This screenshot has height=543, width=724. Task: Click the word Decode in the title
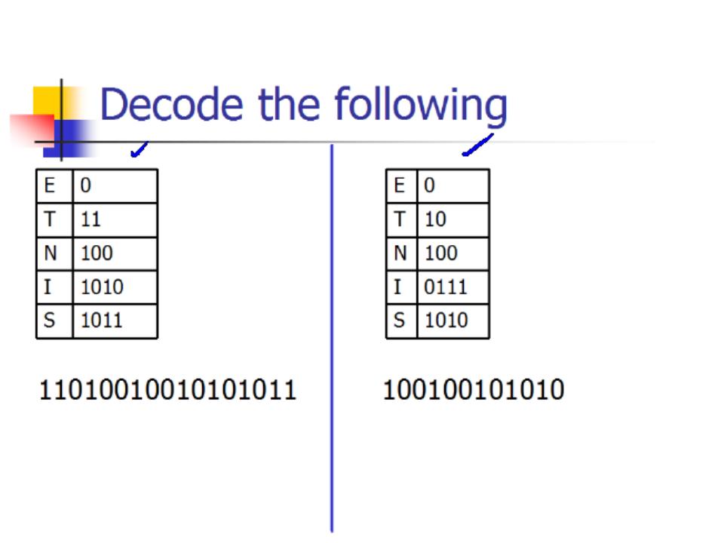coord(171,104)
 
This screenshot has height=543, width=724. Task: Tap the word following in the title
coord(421,106)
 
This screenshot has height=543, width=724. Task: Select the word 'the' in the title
coord(289,104)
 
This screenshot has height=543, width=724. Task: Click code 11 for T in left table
coord(90,219)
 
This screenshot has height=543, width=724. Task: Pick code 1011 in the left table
coord(102,320)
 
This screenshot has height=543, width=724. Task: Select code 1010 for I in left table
coord(102,287)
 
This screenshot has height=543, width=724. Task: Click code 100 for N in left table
coord(97,253)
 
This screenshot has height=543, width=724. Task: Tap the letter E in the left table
coord(50,186)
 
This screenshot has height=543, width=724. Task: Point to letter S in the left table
coord(49,320)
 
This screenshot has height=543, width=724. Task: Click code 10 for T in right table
coord(435,219)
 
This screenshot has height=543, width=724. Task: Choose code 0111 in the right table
coord(446,287)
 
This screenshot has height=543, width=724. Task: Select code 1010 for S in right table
coord(446,320)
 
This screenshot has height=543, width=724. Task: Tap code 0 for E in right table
coord(429,186)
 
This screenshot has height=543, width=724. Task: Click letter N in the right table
coord(400,253)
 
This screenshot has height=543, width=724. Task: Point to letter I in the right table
coord(397,287)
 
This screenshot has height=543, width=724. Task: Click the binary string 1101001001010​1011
coord(167,390)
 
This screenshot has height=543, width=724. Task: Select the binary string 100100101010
coord(474,389)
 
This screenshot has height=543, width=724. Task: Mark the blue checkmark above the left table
coord(140,149)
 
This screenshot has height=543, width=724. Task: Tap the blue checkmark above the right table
coord(478,145)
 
